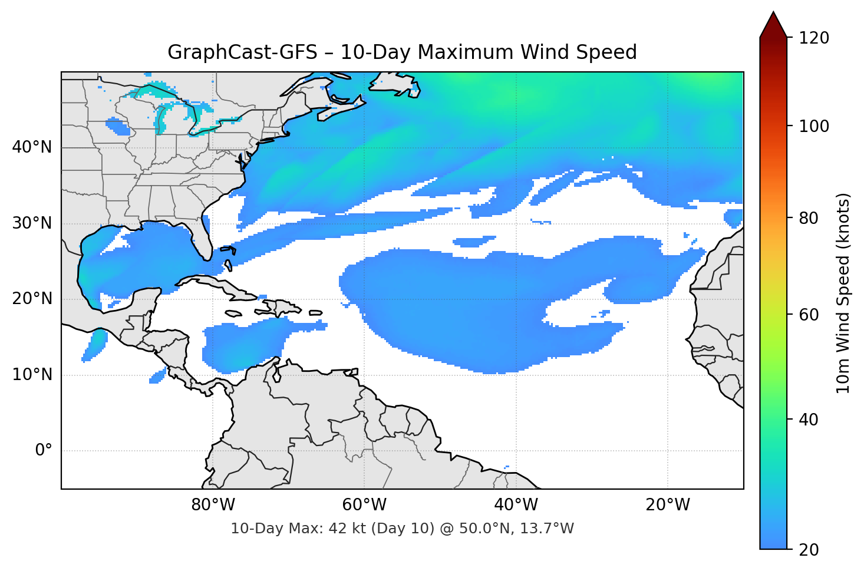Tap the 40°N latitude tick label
tap(32, 147)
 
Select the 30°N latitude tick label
tap(32, 223)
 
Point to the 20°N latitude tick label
tap(32, 299)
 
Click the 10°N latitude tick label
tap(32, 375)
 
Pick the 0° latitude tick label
tap(44, 451)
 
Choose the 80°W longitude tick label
tap(213, 505)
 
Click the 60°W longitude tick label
tap(364, 505)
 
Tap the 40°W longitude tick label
tap(516, 505)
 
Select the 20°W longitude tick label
tap(667, 505)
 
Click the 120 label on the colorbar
tap(813, 38)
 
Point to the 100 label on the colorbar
tap(813, 126)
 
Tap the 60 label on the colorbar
tap(808, 315)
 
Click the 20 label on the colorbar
tap(808, 550)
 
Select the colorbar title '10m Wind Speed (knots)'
tap(843, 293)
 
